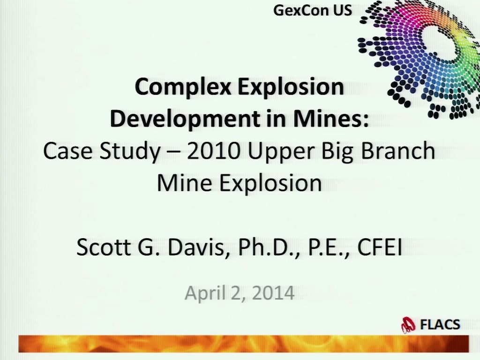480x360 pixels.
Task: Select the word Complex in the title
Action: tap(183, 87)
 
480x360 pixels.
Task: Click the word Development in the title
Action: tap(185, 119)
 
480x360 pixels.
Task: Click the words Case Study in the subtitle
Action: tap(102, 151)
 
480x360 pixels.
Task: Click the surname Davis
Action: tap(199, 247)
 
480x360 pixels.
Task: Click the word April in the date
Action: tap(205, 293)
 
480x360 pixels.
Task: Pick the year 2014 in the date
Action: tap(273, 292)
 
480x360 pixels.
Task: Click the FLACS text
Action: tap(440, 324)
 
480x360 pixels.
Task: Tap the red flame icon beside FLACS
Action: tap(408, 325)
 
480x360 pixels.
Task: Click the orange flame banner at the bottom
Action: tap(244, 344)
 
